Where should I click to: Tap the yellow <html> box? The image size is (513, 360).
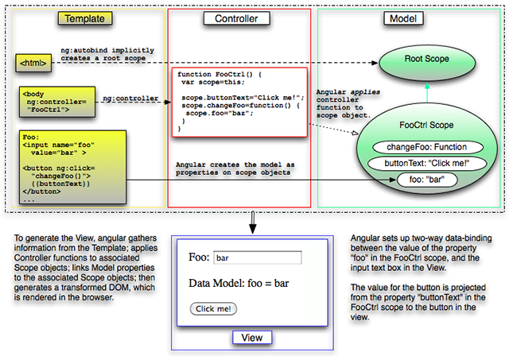coord(34,60)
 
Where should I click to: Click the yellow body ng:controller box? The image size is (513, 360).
coord(52,101)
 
